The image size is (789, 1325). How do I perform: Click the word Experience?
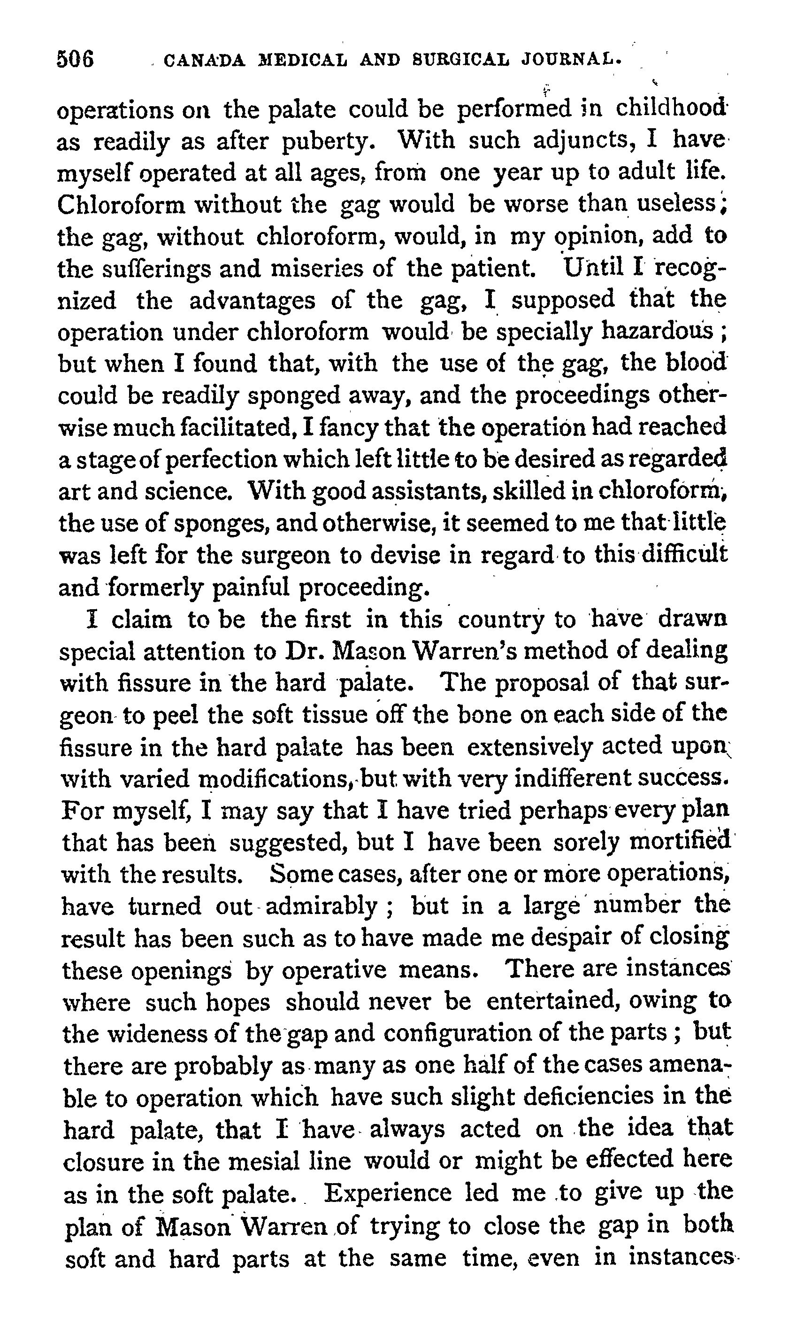pos(388,1192)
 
